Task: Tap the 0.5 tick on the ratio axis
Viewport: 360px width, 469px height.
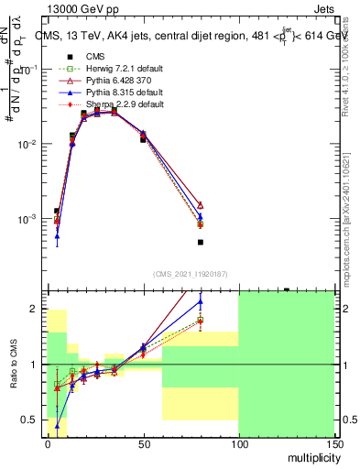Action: [x=34, y=420]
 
